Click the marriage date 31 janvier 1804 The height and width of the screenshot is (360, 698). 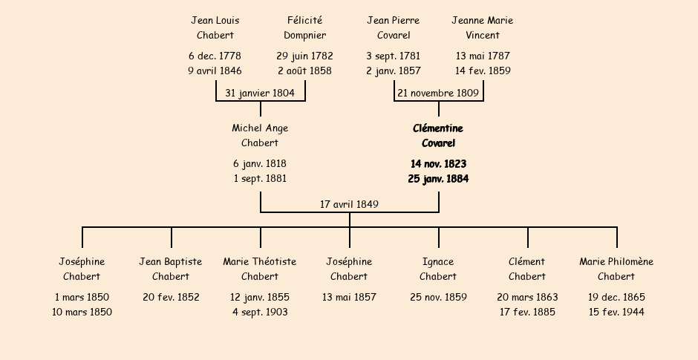click(260, 93)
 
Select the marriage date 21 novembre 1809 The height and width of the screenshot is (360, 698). click(438, 93)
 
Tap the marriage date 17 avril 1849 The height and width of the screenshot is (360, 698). click(349, 204)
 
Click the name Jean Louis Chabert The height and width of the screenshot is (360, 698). click(215, 27)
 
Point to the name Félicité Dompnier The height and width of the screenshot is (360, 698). click(305, 27)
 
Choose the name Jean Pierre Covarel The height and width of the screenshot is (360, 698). click(394, 27)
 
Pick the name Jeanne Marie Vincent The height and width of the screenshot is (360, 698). click(483, 27)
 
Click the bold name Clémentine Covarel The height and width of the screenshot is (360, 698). click(438, 136)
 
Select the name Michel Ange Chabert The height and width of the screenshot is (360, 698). click(260, 135)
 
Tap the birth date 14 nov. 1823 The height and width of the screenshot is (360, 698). click(438, 164)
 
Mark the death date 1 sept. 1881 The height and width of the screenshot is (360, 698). click(260, 178)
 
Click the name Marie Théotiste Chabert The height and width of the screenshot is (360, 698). click(260, 269)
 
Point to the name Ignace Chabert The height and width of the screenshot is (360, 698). click(438, 269)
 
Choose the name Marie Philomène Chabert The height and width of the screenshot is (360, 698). click(616, 269)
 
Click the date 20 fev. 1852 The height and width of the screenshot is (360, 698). click(171, 297)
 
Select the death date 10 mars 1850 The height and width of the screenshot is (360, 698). click(82, 312)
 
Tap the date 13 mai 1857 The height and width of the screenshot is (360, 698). click(349, 297)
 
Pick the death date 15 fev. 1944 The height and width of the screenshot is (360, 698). click(616, 312)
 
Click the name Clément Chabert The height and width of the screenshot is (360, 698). click(527, 269)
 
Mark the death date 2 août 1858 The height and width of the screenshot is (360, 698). click(305, 71)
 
